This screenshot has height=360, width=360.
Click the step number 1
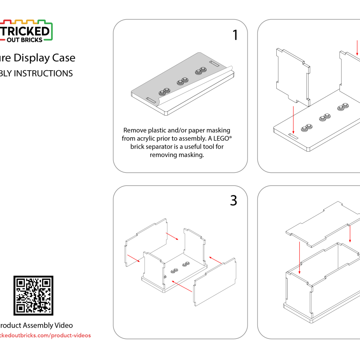click(x=235, y=36)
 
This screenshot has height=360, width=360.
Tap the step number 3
click(x=233, y=201)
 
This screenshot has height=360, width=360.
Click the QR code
click(x=33, y=295)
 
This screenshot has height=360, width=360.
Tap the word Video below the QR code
click(x=63, y=325)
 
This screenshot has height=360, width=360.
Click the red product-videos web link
click(x=45, y=335)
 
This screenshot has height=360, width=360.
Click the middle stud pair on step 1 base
click(x=183, y=81)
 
